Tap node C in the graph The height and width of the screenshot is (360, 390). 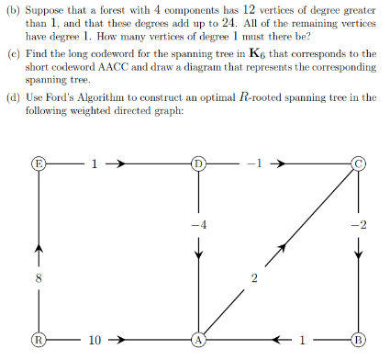(x=360, y=164)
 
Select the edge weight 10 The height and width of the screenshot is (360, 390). (x=95, y=341)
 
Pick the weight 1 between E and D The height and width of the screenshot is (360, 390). (x=94, y=164)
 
